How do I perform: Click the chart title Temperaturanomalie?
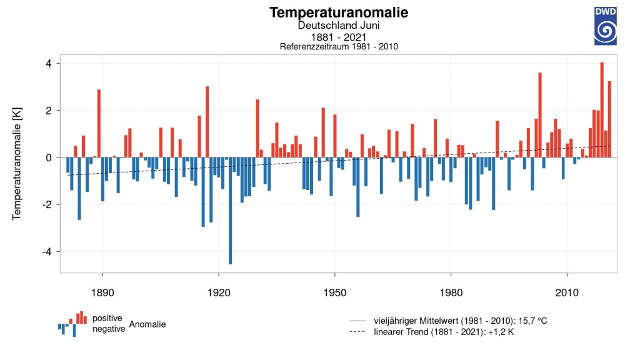[338, 12]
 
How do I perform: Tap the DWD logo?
[605, 26]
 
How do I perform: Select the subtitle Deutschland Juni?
[338, 25]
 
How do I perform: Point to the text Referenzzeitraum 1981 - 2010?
[338, 46]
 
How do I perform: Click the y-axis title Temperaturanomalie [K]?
[16, 164]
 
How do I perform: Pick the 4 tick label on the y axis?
[49, 64]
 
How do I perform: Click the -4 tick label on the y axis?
[47, 252]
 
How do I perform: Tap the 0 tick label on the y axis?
[49, 157]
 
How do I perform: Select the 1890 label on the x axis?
[102, 292]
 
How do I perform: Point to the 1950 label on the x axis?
[335, 292]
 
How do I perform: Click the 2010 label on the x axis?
[567, 292]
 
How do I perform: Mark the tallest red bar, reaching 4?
[602, 110]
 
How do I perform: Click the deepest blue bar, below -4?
[230, 211]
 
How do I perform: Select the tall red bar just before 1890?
[99, 123]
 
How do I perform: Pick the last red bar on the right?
[609, 119]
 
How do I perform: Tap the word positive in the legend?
[107, 318]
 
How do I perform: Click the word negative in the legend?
[109, 329]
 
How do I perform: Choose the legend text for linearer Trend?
[444, 332]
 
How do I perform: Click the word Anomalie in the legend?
[147, 324]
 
